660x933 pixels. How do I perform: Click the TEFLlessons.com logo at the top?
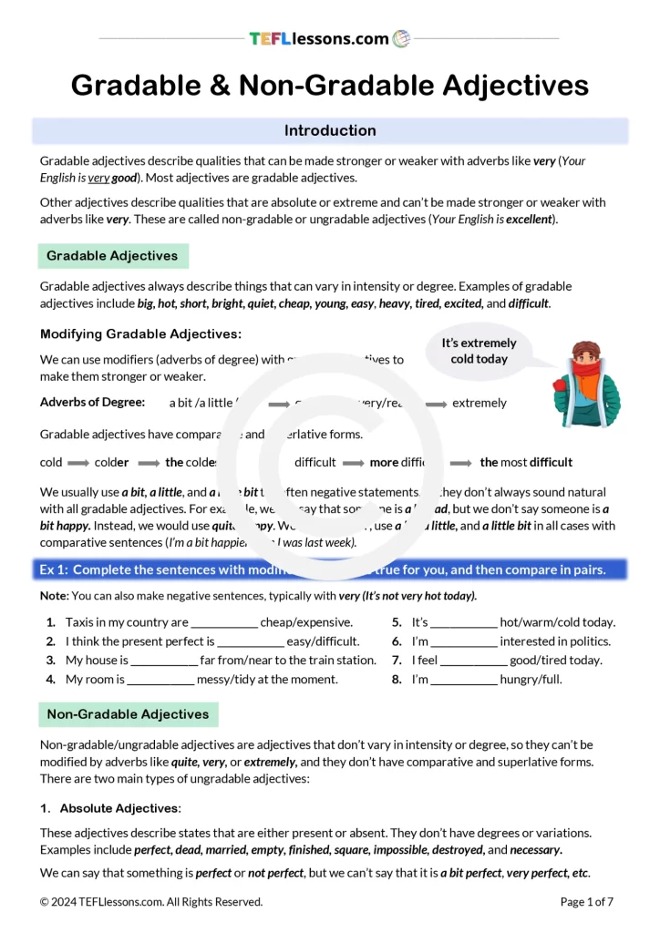click(x=329, y=38)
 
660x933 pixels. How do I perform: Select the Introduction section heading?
click(x=330, y=130)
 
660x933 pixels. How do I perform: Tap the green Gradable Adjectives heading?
click(x=112, y=256)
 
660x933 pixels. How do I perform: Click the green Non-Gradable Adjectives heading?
click(x=128, y=714)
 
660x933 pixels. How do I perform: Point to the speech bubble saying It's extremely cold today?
click(x=480, y=351)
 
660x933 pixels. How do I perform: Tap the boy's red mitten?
click(x=562, y=390)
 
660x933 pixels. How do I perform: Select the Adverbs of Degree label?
click(x=92, y=402)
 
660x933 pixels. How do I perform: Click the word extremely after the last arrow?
click(x=480, y=403)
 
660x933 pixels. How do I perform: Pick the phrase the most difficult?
click(x=526, y=462)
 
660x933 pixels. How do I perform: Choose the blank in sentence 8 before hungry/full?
click(x=463, y=680)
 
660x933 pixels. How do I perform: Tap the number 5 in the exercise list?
click(x=397, y=623)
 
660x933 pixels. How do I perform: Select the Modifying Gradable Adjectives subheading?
click(x=140, y=334)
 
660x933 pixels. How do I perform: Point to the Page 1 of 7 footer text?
click(x=586, y=902)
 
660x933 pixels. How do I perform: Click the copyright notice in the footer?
click(x=151, y=902)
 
